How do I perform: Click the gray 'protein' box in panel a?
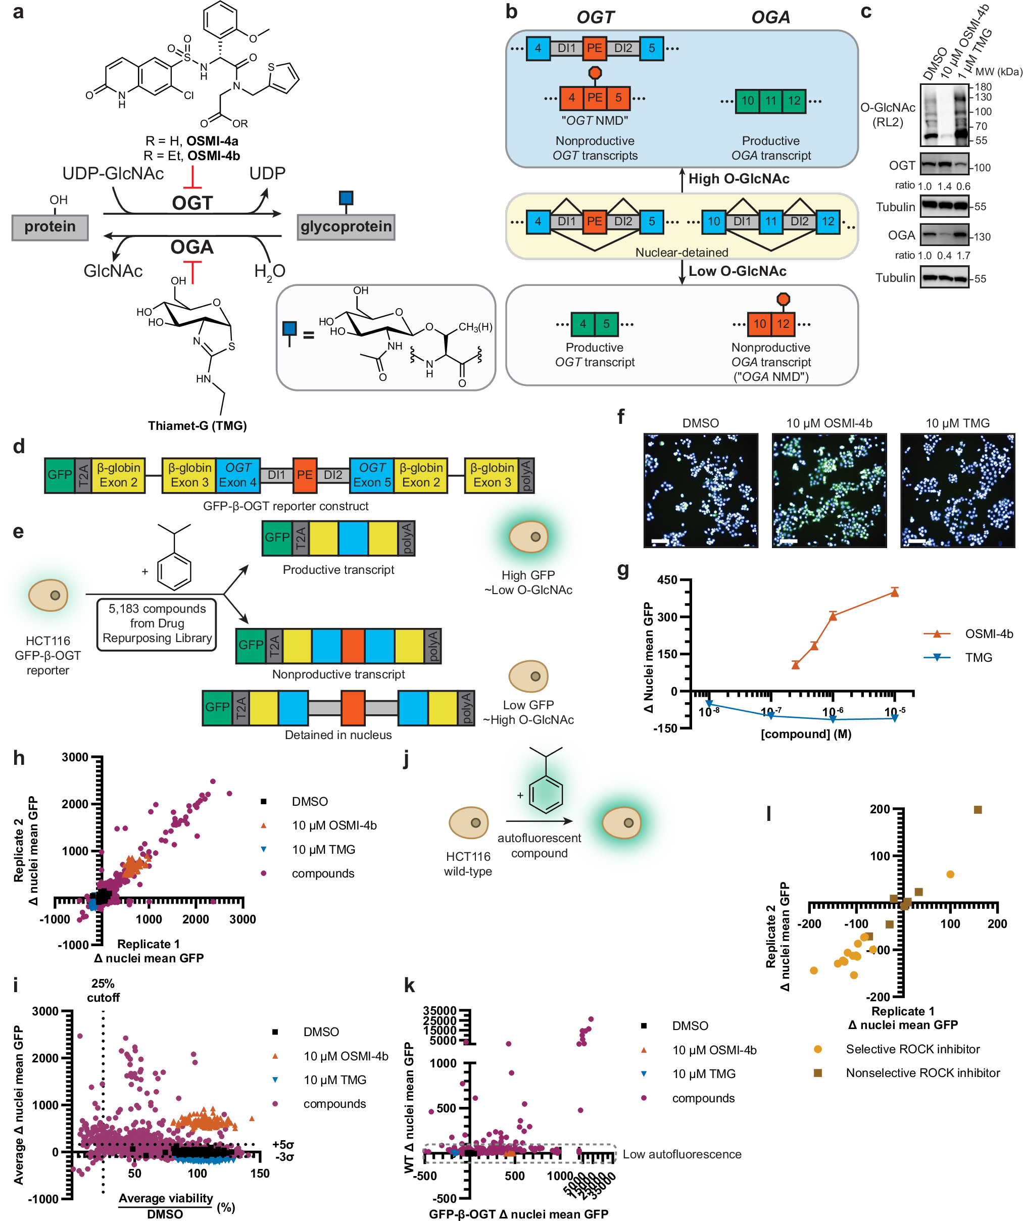pyautogui.click(x=50, y=227)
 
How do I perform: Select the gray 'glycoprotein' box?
pyautogui.click(x=346, y=227)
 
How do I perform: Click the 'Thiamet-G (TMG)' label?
pyautogui.click(x=197, y=425)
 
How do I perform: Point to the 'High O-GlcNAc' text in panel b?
pyautogui.click(x=739, y=179)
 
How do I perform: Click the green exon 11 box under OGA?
pyautogui.click(x=770, y=101)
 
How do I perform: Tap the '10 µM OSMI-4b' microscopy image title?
pyautogui.click(x=829, y=423)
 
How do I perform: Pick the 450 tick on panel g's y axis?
pyautogui.click(x=667, y=580)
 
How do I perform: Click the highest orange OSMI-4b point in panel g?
pyautogui.click(x=895, y=593)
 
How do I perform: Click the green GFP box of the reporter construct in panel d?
pyautogui.click(x=59, y=475)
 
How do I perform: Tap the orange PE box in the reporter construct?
pyautogui.click(x=305, y=475)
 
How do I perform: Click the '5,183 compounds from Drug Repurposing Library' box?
pyautogui.click(x=157, y=624)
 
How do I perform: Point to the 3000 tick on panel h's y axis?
pyautogui.click(x=76, y=758)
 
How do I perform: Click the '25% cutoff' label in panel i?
pyautogui.click(x=103, y=991)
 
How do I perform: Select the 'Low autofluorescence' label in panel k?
pyautogui.click(x=681, y=1154)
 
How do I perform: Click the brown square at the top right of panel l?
pyautogui.click(x=978, y=810)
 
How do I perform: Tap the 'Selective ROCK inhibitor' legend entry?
pyautogui.click(x=912, y=1049)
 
